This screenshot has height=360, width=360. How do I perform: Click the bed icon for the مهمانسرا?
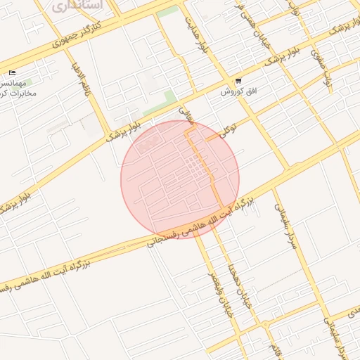(x=12, y=73)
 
